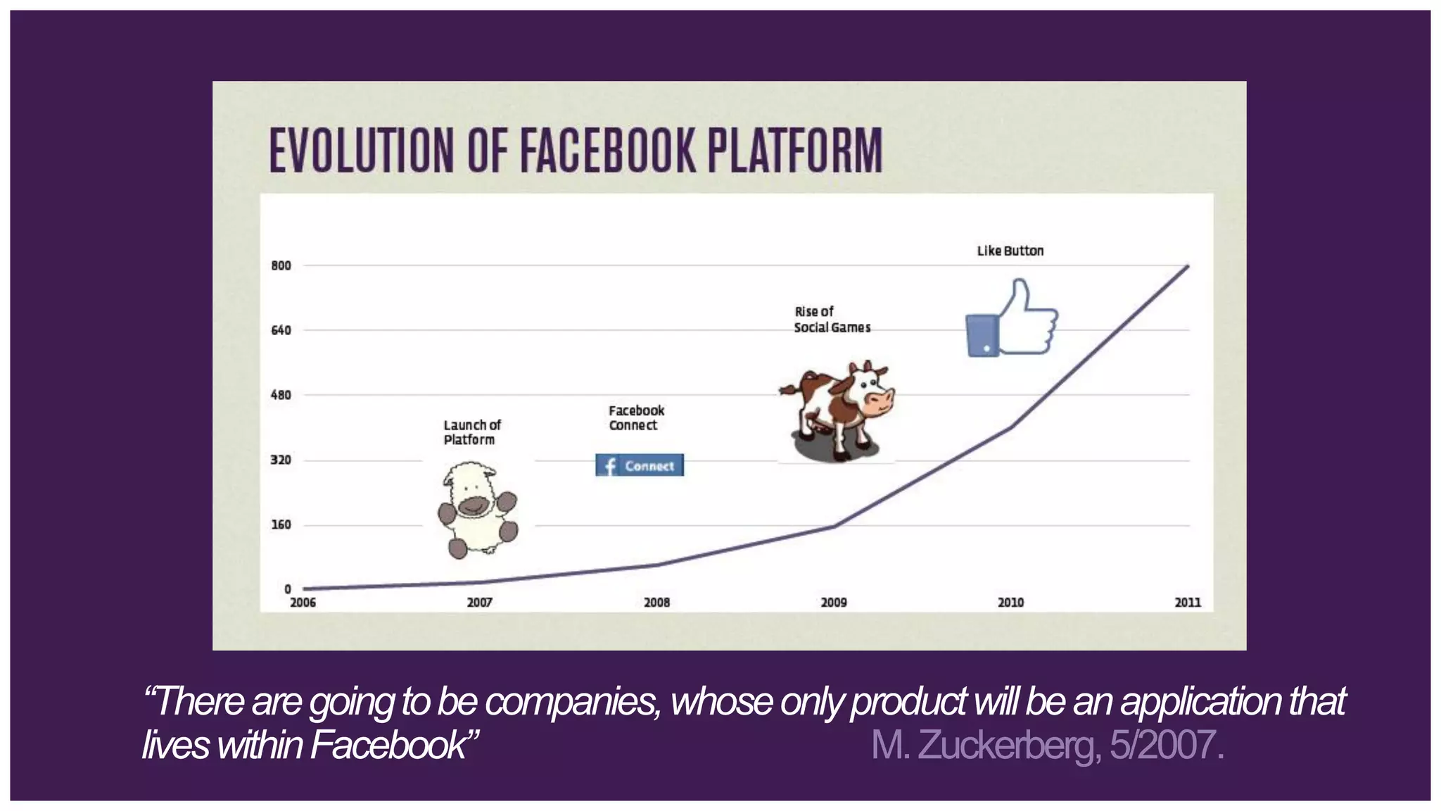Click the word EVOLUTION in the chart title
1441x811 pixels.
coord(360,150)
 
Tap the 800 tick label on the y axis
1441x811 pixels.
coord(281,265)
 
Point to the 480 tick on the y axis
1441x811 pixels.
coord(281,395)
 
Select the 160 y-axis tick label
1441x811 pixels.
coord(281,524)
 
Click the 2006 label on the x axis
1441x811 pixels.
coord(303,603)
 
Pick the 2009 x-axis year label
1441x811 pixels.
coord(834,603)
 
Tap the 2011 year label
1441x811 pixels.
coord(1188,603)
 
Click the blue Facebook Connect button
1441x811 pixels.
coord(640,465)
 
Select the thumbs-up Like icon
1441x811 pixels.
coord(1012,319)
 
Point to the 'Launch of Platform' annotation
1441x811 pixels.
coord(471,432)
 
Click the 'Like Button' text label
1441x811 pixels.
coord(1010,251)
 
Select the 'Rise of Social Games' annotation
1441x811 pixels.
coord(832,320)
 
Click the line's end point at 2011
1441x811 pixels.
coord(1188,266)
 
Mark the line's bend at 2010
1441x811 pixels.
coord(1011,427)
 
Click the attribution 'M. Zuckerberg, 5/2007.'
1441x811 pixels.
coord(1048,745)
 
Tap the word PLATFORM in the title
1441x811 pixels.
coord(794,150)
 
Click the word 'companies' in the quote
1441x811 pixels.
coord(572,701)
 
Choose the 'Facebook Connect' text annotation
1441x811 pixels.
coord(636,417)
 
